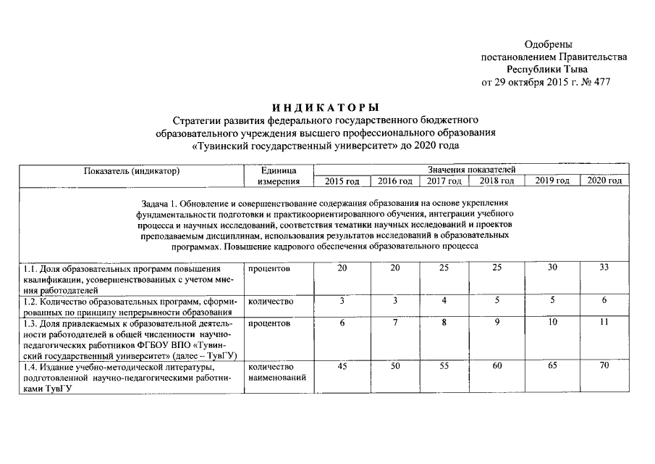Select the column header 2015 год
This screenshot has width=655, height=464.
(x=342, y=181)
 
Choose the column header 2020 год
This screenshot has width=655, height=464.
(x=604, y=181)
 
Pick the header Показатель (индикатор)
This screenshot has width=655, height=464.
(x=131, y=171)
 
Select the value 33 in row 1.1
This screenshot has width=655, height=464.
(x=604, y=268)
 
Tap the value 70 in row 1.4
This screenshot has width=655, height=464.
(x=604, y=367)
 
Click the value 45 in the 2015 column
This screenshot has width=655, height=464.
(x=342, y=367)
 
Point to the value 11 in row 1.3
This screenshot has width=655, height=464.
(x=604, y=323)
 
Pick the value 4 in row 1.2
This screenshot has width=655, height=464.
(x=444, y=300)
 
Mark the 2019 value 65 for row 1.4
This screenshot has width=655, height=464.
(x=552, y=367)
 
